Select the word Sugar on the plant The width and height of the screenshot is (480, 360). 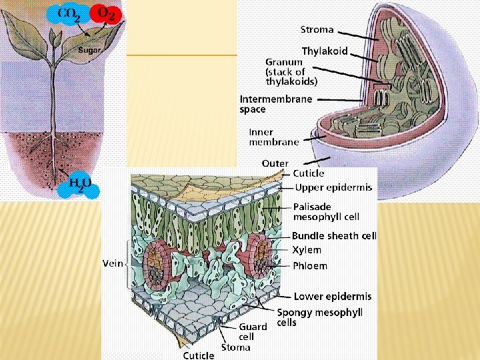[x=89, y=50]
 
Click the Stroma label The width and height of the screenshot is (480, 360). [x=317, y=30]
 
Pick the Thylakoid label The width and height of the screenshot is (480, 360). [x=325, y=51]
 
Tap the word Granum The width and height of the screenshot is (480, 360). [x=283, y=62]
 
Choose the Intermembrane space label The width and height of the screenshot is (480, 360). [x=275, y=104]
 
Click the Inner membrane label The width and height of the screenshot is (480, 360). [x=274, y=137]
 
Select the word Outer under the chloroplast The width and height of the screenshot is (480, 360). [x=275, y=163]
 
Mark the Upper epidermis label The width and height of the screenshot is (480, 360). [x=333, y=188]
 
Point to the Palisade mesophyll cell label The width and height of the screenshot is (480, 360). [x=327, y=212]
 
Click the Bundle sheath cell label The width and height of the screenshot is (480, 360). [x=334, y=236]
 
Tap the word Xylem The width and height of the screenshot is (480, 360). [x=307, y=251]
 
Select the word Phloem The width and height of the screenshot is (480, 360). [x=310, y=266]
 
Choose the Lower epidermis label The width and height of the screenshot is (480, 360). [x=333, y=297]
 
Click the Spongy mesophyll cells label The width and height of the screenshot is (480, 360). [x=319, y=317]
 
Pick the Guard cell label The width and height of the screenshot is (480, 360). [x=253, y=331]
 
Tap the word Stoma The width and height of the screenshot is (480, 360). [x=236, y=347]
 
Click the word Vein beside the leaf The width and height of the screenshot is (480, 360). [x=113, y=263]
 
